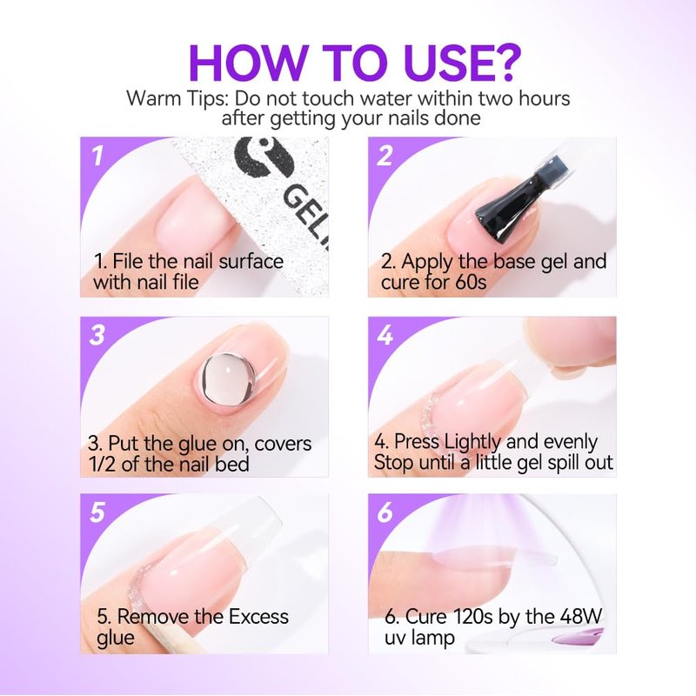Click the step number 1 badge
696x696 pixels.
97,157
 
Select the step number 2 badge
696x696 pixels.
385,157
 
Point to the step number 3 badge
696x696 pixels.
97,335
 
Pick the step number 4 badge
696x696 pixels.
385,335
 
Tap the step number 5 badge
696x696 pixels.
97,512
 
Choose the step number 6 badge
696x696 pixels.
385,512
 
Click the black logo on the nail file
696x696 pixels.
264,157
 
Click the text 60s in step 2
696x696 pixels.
471,282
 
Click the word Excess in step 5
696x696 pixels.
258,617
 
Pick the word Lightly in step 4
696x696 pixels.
472,443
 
